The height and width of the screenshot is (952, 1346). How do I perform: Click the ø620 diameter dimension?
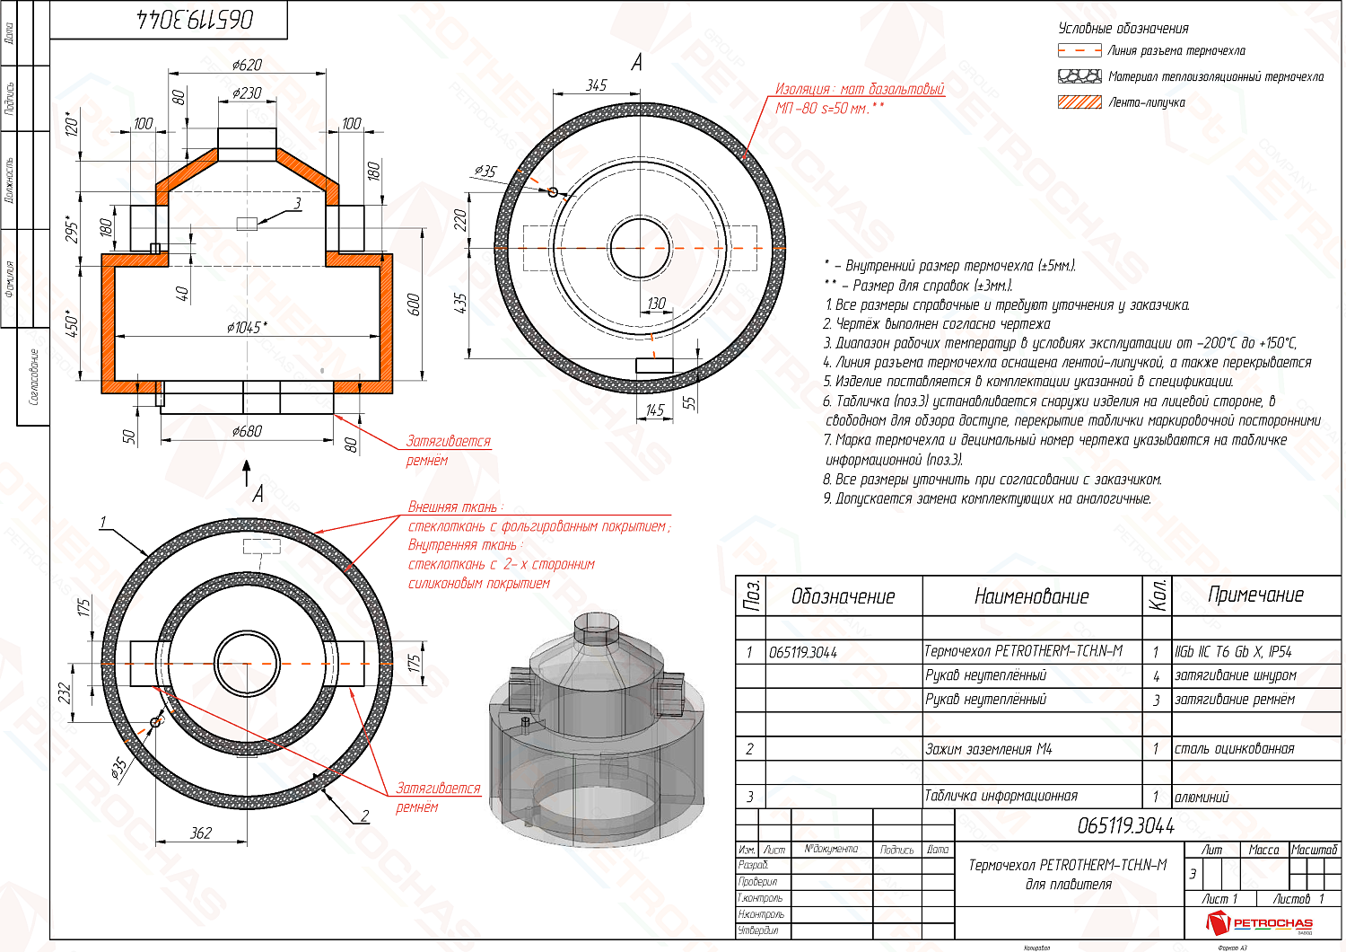(247, 65)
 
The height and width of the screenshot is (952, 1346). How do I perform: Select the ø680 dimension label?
(247, 431)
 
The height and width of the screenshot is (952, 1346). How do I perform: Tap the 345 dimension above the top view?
(597, 84)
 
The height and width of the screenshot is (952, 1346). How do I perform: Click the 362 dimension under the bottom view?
(201, 833)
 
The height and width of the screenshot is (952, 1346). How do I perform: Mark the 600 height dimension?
(414, 304)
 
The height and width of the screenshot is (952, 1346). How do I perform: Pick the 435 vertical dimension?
(460, 302)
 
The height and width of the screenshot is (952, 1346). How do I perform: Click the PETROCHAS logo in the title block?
(1261, 922)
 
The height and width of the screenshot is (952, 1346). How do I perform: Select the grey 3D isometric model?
(592, 727)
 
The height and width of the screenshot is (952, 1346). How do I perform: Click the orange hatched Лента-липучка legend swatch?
(1079, 102)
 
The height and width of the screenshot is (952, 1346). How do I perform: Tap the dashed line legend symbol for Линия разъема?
(1079, 51)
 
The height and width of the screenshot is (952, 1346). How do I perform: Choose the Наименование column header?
(1031, 596)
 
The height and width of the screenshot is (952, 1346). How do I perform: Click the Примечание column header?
(1255, 595)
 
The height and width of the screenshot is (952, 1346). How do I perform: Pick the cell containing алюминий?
(1202, 797)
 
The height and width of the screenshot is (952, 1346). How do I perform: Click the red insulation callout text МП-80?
(829, 108)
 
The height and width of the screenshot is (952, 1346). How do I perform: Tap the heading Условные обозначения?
(1123, 28)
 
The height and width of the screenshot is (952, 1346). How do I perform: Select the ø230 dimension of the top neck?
(247, 93)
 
